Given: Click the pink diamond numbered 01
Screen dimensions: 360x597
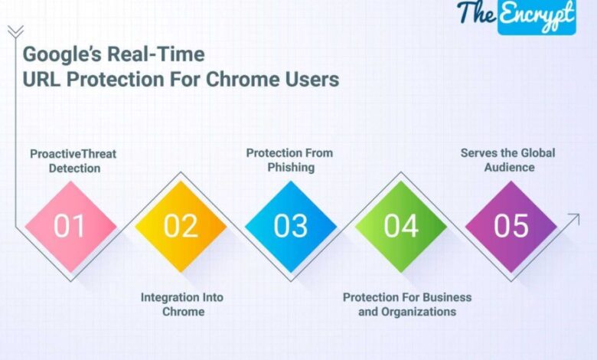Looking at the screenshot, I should pos(70,227).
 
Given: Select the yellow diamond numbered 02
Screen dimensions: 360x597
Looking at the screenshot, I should pos(181,227).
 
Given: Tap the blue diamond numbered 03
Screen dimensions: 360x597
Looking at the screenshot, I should pos(291,227).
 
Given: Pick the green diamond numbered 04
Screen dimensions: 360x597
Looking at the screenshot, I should pos(401,227).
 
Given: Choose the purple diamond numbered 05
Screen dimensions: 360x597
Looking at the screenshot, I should pos(511,227).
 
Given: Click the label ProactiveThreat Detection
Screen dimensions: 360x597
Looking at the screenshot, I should pos(73,160).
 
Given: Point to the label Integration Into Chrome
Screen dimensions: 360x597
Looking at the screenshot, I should pos(183,304).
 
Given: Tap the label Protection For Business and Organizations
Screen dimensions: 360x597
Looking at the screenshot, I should pos(407,304).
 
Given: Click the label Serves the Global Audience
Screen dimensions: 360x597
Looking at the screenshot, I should pos(507,160).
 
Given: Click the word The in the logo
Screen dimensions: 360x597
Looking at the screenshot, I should pos(476,12).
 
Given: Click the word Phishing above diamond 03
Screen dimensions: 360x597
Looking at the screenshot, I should pos(291,167).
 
